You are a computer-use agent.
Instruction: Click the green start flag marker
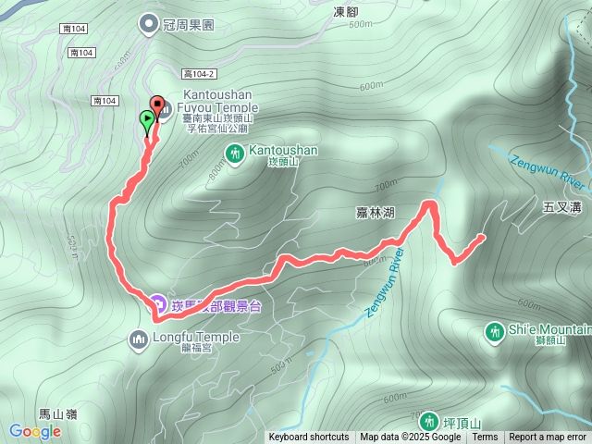[147, 118]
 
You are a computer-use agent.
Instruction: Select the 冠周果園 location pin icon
[148, 24]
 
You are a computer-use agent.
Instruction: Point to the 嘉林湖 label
[376, 213]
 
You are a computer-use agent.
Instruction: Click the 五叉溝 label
[562, 209]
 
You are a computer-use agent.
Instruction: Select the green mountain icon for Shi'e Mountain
[495, 331]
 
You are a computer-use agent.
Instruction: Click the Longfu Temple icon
[140, 340]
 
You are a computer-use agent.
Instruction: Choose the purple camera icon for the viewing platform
[158, 303]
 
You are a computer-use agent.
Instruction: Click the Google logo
[34, 431]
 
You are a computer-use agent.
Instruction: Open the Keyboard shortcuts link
[309, 438]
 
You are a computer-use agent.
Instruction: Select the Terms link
[485, 438]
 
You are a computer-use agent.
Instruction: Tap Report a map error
[548, 438]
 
